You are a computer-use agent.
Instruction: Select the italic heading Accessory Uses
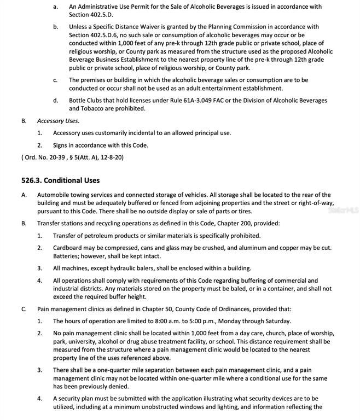pos(58,121)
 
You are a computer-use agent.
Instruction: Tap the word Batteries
pos(68,256)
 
